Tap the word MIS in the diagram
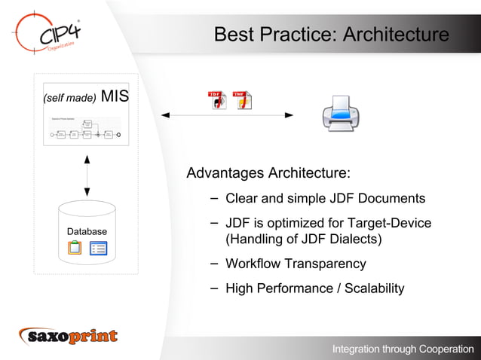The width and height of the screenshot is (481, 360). pos(115,96)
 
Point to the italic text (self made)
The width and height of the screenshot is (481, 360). pos(69,98)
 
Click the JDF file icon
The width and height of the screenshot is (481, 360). pos(217,100)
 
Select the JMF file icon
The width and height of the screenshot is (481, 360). pos(242,100)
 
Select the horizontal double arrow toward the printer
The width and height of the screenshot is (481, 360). pos(226,115)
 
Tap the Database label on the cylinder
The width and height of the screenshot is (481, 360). pos(87,231)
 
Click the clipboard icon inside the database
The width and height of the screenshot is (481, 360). pos(75,247)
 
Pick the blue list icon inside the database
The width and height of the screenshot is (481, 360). pos(98,248)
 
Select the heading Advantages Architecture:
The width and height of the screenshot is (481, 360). pos(268,173)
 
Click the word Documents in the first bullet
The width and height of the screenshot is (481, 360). pos(390,199)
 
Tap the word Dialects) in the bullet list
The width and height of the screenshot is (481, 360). pos(355,239)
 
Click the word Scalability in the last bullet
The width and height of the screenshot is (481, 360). pos(375,288)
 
